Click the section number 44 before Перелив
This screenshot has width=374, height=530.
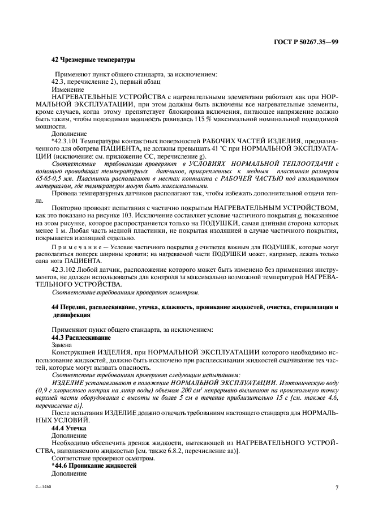(x=55, y=307)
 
